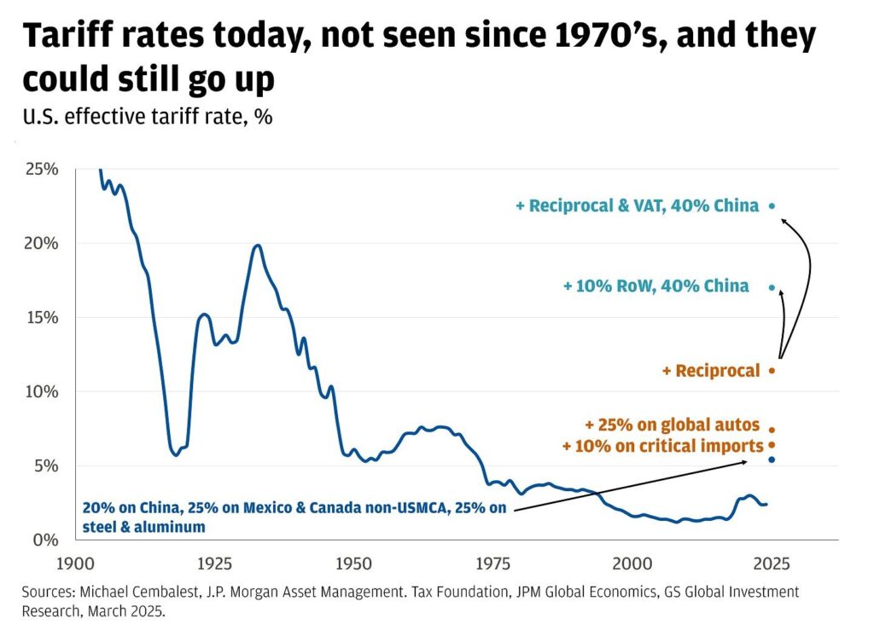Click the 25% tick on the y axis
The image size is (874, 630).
point(41,169)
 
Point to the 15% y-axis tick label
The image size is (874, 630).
point(41,317)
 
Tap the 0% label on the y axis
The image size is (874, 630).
point(45,540)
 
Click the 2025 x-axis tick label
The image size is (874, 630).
point(771,564)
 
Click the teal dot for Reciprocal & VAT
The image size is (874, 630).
point(772,205)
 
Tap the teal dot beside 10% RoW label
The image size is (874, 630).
point(772,287)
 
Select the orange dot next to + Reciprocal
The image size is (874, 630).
point(772,370)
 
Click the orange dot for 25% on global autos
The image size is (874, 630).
point(772,430)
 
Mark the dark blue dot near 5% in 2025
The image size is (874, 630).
point(772,459)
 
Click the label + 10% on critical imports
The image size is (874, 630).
point(662,446)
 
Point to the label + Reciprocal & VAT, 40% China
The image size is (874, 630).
point(637,206)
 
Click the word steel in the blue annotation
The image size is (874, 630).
point(99,527)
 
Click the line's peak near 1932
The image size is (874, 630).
point(257,246)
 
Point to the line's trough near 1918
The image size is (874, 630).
point(176,454)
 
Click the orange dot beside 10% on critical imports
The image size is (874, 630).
point(772,445)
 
